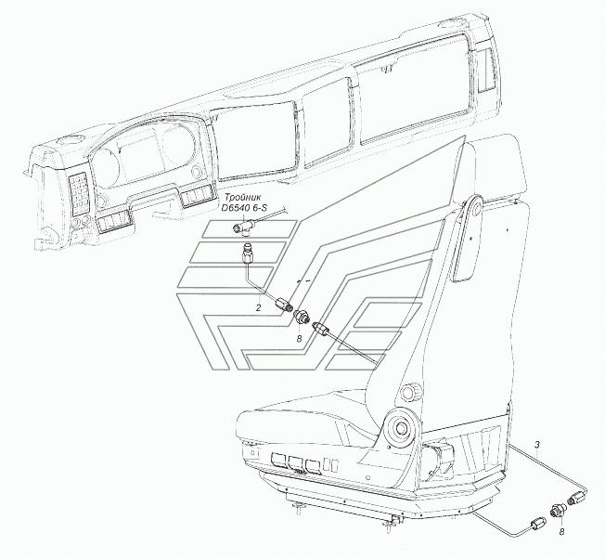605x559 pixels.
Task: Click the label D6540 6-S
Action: pyautogui.click(x=243, y=208)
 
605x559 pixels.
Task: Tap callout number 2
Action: pyautogui.click(x=258, y=307)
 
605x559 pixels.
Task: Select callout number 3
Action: pyautogui.click(x=537, y=444)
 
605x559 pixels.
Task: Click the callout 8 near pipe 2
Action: pyautogui.click(x=299, y=339)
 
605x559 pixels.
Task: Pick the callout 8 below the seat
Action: pyautogui.click(x=561, y=532)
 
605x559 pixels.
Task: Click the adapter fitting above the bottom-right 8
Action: pyautogui.click(x=557, y=512)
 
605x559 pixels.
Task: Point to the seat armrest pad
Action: pyautogui.click(x=465, y=245)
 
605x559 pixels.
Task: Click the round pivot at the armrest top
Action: pyautogui.click(x=474, y=206)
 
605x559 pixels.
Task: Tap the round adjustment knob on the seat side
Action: pyautogui.click(x=409, y=392)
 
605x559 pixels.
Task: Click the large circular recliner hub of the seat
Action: pyautogui.click(x=400, y=428)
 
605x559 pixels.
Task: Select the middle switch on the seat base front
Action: pyautogui.click(x=294, y=463)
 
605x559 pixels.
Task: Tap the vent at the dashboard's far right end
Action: pyautogui.click(x=485, y=71)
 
